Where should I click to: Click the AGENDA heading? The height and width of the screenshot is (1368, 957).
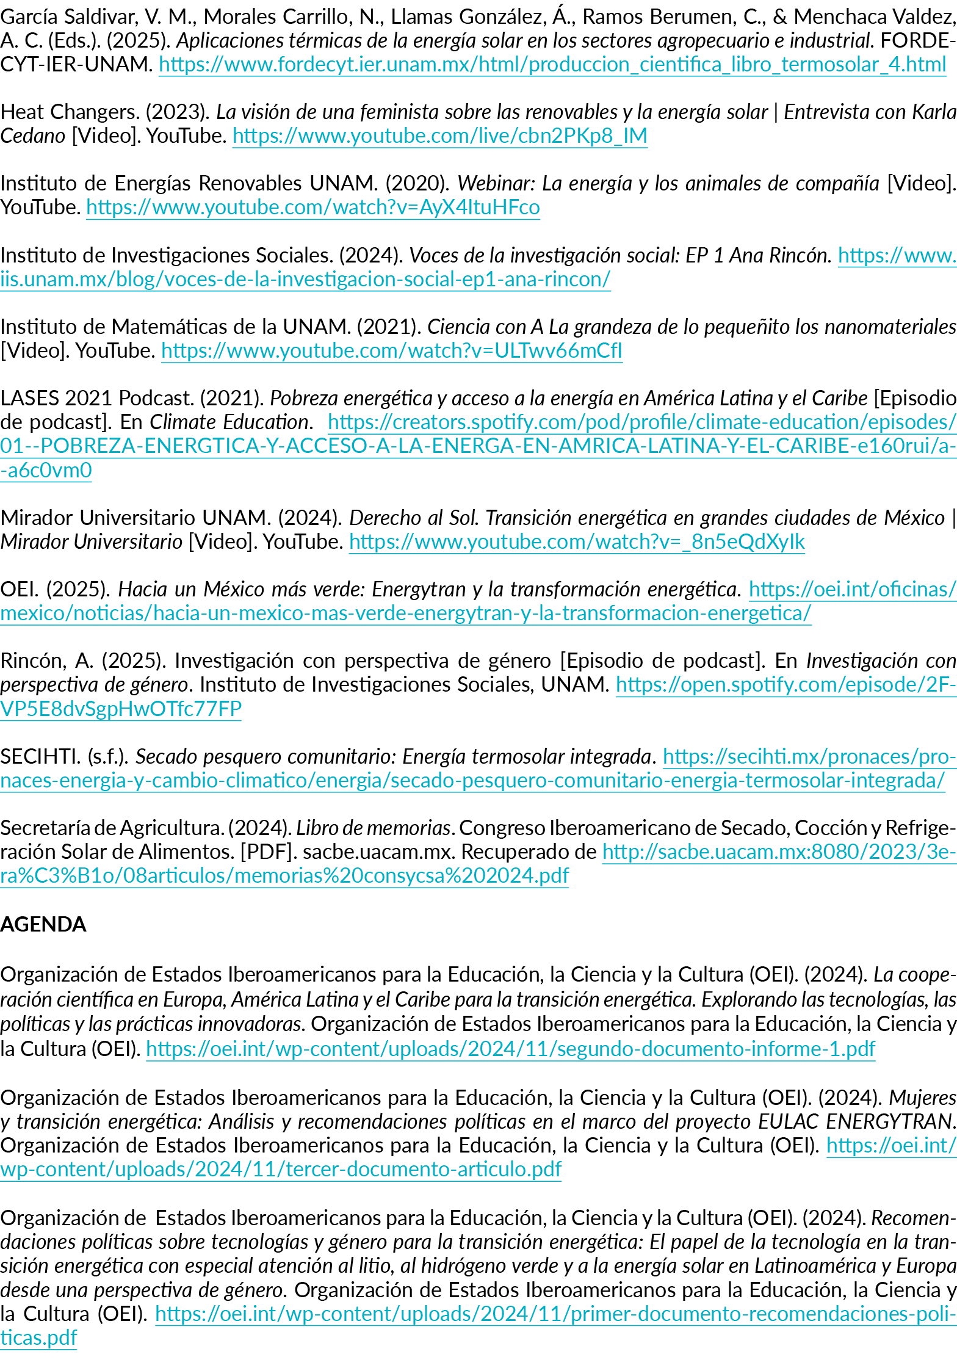(x=43, y=924)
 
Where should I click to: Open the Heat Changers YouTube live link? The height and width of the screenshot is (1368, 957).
(x=439, y=136)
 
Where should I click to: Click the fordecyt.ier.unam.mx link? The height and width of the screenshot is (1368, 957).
(x=552, y=64)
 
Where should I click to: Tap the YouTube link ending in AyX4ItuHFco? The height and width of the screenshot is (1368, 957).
(x=313, y=208)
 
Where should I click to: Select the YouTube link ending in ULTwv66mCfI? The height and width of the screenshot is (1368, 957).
(x=392, y=351)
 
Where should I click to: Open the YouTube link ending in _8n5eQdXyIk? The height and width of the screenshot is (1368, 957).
(x=577, y=541)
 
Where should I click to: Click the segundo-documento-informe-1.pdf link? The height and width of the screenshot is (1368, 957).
(x=510, y=1049)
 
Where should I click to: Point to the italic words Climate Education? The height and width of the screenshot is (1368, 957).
(x=229, y=422)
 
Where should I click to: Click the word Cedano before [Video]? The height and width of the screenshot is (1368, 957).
(x=33, y=136)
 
